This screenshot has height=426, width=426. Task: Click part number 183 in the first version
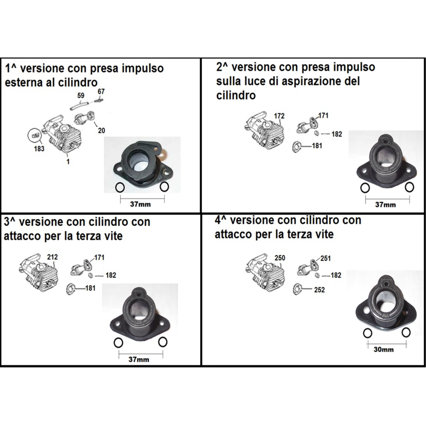[39, 149]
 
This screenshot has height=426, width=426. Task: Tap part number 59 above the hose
[81, 96]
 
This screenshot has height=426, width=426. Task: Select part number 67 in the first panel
[101, 92]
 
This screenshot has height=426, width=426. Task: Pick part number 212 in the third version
[52, 257]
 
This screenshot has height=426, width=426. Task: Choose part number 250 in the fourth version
[280, 258]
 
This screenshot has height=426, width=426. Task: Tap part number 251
[326, 258]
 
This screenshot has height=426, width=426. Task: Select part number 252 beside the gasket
[319, 290]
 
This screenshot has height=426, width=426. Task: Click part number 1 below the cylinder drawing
[67, 159]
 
